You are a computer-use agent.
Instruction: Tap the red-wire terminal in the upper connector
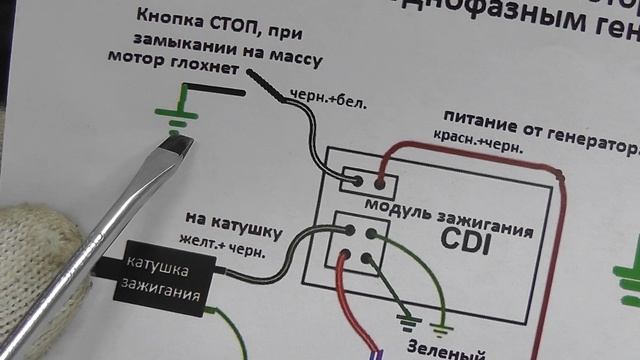click(x=381, y=183)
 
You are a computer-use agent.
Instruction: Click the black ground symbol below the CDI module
click(x=406, y=322)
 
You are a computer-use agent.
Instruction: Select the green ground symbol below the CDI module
click(x=442, y=324)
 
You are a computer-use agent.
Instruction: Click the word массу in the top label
click(x=295, y=61)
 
